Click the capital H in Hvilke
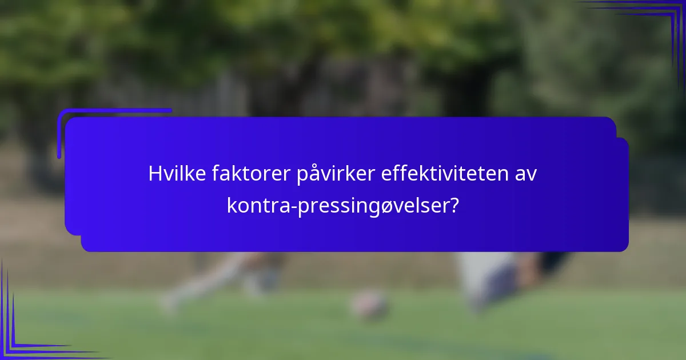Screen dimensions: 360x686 click(x=154, y=174)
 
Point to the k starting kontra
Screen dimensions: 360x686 click(x=231, y=205)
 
